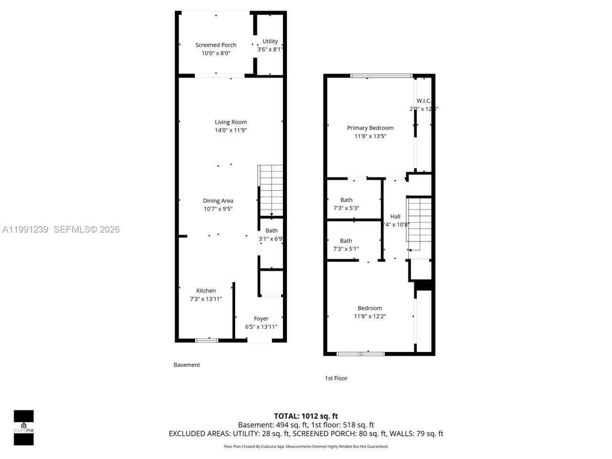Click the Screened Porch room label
click(216, 45)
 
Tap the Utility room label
click(270, 41)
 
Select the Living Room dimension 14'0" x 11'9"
click(230, 130)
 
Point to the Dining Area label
click(218, 201)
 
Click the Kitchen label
click(206, 291)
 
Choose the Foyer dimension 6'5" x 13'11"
click(261, 327)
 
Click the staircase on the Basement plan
click(271, 190)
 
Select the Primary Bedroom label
click(370, 128)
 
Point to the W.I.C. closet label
click(424, 101)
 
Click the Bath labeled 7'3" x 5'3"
click(346, 204)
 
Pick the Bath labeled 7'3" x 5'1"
click(346, 244)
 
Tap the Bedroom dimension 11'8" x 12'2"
click(370, 316)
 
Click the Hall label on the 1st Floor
click(395, 217)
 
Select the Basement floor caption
click(186, 365)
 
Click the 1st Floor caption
click(336, 378)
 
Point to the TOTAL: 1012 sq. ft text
click(306, 416)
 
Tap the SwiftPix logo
click(23, 427)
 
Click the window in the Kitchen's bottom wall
click(207, 340)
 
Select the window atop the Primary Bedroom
click(381, 76)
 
